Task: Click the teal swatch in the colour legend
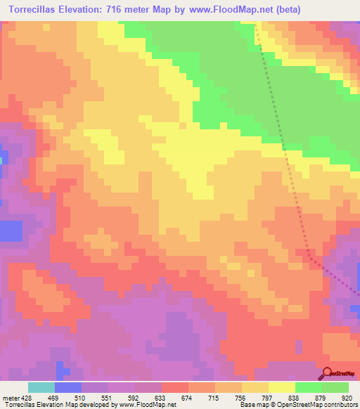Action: pyautogui.click(x=41, y=387)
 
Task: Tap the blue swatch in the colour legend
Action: pyautogui.click(x=68, y=387)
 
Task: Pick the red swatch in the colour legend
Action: pyautogui.click(x=175, y=387)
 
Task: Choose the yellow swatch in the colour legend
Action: pyautogui.click(x=282, y=387)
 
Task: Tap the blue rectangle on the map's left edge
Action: pyautogui.click(x=10, y=231)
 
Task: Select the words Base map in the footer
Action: pyautogui.click(x=251, y=405)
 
